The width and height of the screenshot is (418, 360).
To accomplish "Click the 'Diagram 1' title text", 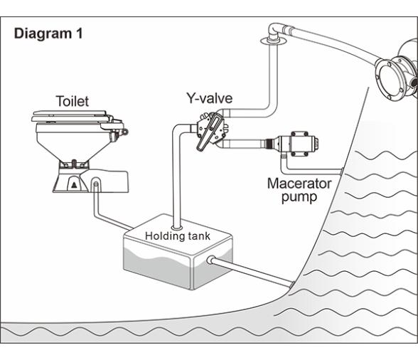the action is pyautogui.click(x=48, y=33).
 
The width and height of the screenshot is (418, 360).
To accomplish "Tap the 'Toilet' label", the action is pyautogui.click(x=73, y=101).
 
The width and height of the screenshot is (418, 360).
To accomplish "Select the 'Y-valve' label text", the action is pyautogui.click(x=209, y=98).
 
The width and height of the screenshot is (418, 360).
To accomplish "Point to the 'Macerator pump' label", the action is pyautogui.click(x=299, y=190).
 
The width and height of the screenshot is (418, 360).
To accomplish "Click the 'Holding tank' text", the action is pyautogui.click(x=178, y=236).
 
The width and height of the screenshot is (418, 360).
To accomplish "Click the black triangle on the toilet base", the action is pyautogui.click(x=75, y=185).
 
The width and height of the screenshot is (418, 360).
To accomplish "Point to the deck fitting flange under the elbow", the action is pyautogui.click(x=273, y=41).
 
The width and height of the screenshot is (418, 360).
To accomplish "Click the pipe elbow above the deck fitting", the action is pyautogui.click(x=274, y=31).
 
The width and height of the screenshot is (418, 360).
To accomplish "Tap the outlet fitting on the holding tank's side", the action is pyautogui.click(x=211, y=260).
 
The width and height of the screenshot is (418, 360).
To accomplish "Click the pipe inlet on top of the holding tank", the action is pyautogui.click(x=177, y=228).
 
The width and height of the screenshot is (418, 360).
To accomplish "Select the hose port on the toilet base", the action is pyautogui.click(x=96, y=184).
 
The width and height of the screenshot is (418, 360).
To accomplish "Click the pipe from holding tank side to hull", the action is pyautogui.click(x=252, y=272).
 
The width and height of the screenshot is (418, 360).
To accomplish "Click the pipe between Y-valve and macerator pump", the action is pyautogui.click(x=241, y=144).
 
